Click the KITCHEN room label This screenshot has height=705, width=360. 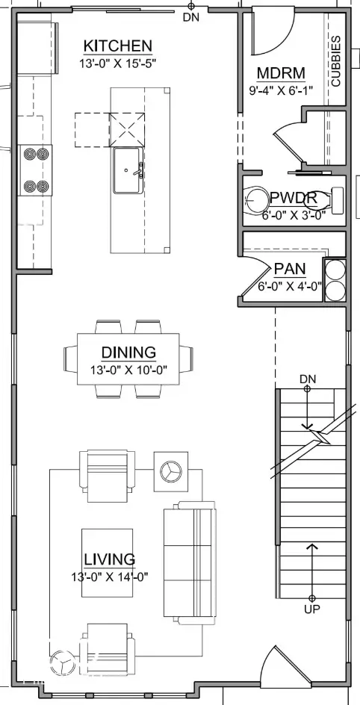click(118, 46)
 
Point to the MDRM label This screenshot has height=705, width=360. click(280, 73)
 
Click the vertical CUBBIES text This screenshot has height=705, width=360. click(335, 61)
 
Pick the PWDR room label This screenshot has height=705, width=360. click(294, 199)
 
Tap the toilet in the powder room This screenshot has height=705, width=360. click(258, 200)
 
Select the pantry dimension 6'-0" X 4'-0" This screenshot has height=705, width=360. click(289, 285)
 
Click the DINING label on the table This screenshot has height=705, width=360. click(128, 352)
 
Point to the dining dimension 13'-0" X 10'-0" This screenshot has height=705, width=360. click(128, 369)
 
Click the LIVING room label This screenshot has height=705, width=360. click(109, 559)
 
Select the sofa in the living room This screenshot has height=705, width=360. click(190, 562)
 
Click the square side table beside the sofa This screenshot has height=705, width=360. click(170, 470)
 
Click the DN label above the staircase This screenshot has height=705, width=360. click(308, 379)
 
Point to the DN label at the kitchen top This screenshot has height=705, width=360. click(190, 17)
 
